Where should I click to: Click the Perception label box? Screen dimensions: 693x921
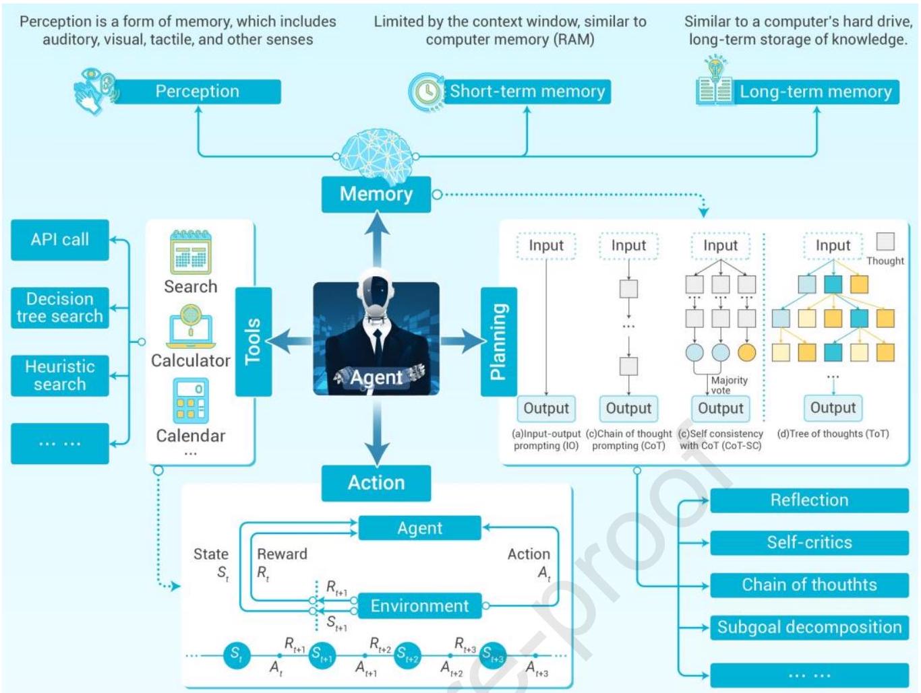(197, 92)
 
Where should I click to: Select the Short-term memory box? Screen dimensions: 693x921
(527, 92)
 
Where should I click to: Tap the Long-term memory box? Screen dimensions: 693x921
(815, 92)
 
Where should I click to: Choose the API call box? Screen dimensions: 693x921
(60, 240)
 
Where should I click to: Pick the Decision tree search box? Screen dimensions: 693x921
(60, 308)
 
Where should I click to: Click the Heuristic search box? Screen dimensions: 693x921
(60, 376)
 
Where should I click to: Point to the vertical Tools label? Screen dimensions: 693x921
(254, 341)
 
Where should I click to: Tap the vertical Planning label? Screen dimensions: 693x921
(499, 341)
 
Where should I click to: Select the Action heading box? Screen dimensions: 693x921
(376, 483)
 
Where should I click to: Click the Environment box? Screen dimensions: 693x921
(419, 605)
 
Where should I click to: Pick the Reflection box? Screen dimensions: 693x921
(809, 500)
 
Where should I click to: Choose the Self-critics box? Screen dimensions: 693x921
(809, 543)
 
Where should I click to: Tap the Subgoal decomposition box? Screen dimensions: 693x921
(809, 628)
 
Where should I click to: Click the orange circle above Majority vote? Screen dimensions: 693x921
(746, 352)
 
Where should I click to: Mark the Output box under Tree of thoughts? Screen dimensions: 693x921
(833, 408)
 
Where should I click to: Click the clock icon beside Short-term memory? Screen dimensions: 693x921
(426, 92)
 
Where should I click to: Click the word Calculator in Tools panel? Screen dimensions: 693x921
(191, 361)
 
